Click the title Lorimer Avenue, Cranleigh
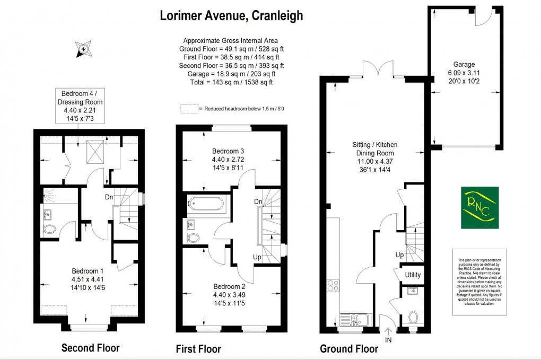231,16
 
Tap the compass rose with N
84,49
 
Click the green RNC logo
479,207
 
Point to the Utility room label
412,275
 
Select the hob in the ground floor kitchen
333,286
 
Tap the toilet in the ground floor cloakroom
414,318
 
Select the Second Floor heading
90,348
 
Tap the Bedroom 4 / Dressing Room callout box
82,106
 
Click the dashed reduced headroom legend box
189,109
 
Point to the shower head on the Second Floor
49,195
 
